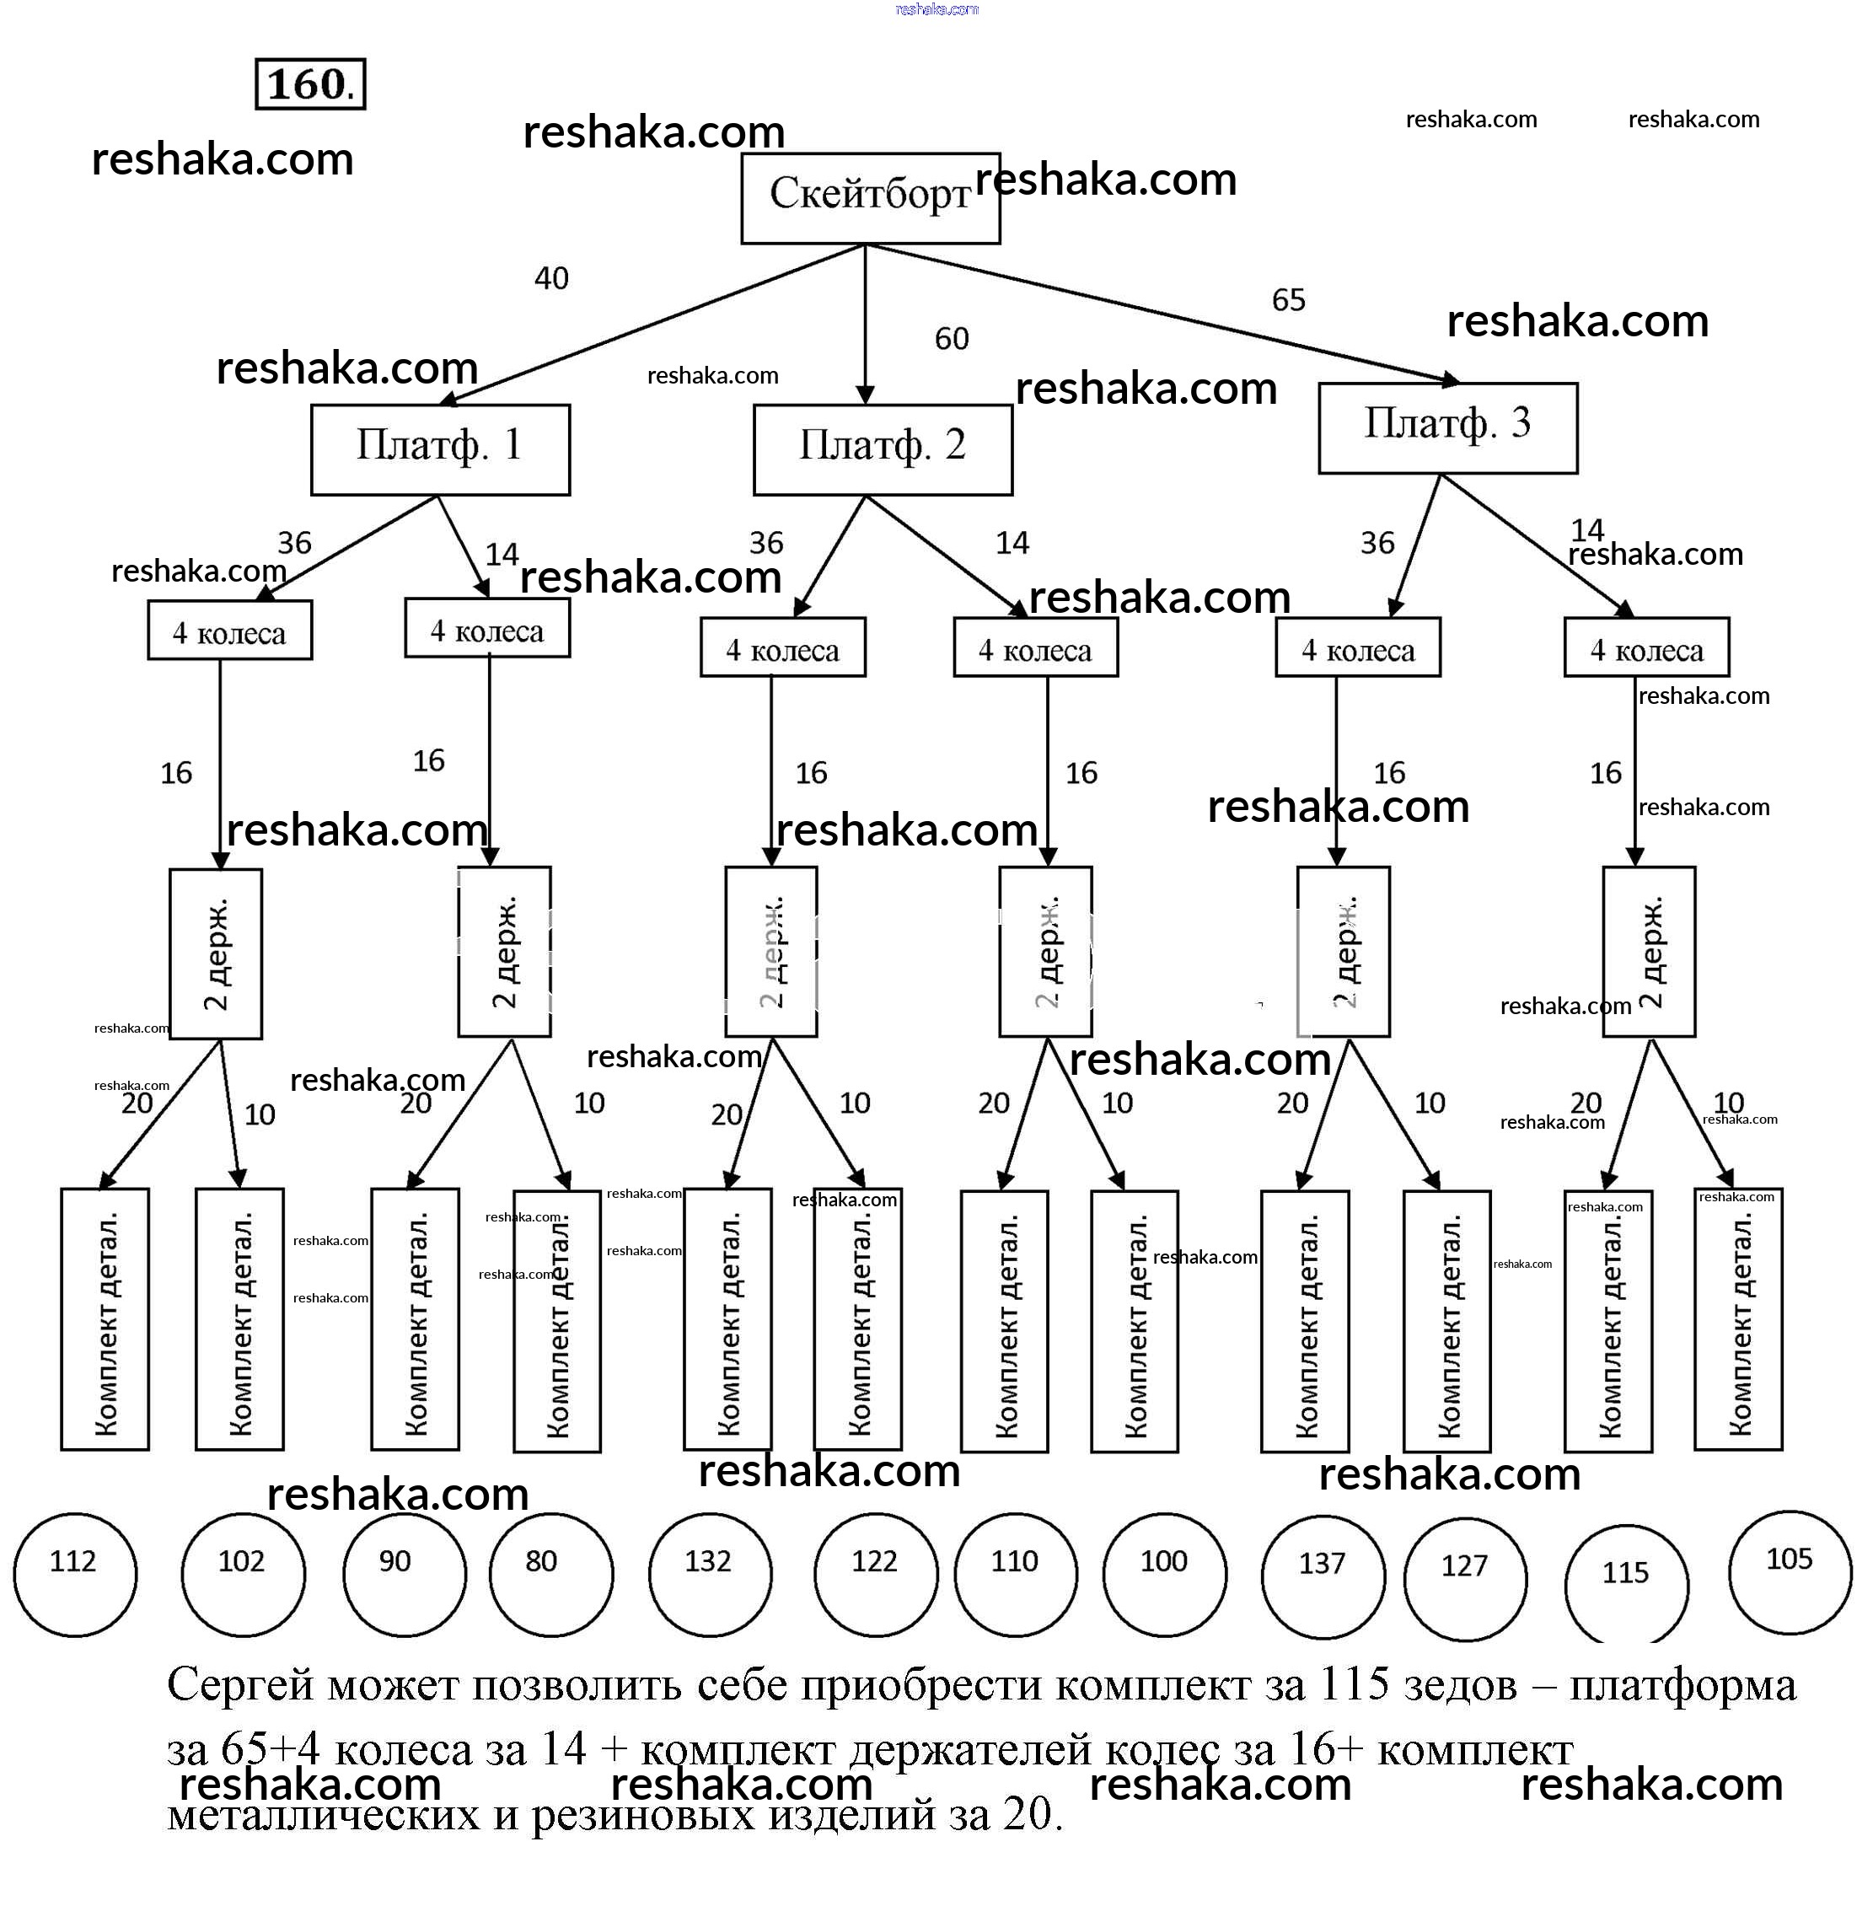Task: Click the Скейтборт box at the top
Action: [870, 198]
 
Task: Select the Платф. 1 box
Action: [440, 448]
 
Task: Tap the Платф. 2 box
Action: [883, 448]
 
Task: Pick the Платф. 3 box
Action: [1447, 427]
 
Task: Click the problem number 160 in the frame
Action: [310, 84]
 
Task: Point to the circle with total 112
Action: [75, 1575]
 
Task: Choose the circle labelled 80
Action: [551, 1575]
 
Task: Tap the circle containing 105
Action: [1790, 1572]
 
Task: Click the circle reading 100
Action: [1164, 1575]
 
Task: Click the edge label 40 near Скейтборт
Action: [551, 278]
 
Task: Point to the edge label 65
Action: [1288, 300]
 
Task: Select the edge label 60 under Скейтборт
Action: [952, 340]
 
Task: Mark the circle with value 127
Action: [1465, 1578]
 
